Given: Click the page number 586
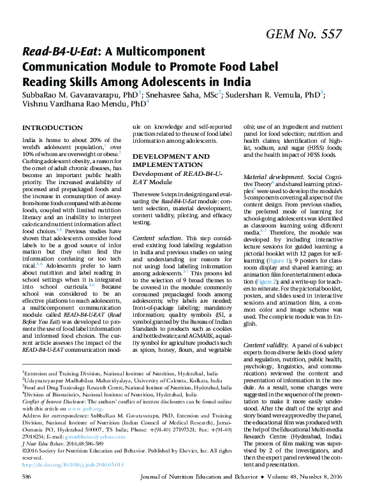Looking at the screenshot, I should [x=27, y=494].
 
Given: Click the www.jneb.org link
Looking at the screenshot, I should [x=82, y=428].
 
